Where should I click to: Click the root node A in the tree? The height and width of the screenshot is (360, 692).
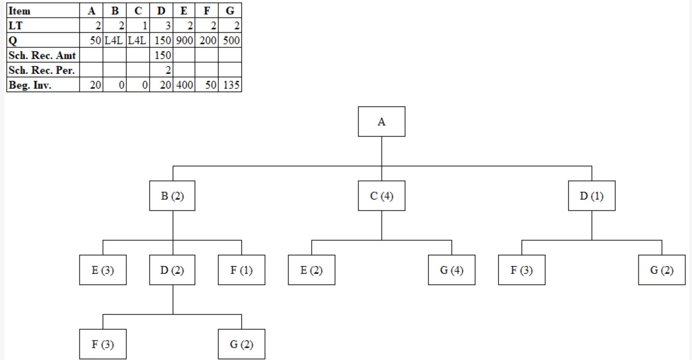pyautogui.click(x=381, y=122)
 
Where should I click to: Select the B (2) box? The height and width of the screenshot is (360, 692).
pyautogui.click(x=172, y=196)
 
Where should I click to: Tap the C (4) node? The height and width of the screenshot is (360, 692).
pyautogui.click(x=381, y=196)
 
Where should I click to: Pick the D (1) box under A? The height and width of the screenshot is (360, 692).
pyautogui.click(x=591, y=196)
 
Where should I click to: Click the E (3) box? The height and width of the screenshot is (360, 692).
pyautogui.click(x=103, y=270)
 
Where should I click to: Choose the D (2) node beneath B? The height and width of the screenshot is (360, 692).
pyautogui.click(x=172, y=270)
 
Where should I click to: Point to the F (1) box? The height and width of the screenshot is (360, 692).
pyautogui.click(x=242, y=270)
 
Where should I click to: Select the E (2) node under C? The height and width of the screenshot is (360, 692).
pyautogui.click(x=311, y=270)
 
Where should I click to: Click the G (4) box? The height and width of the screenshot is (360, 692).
pyautogui.click(x=452, y=270)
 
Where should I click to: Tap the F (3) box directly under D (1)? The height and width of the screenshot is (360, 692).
pyautogui.click(x=522, y=270)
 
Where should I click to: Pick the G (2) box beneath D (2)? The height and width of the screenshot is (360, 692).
pyautogui.click(x=242, y=344)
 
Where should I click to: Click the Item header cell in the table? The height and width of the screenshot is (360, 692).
pyautogui.click(x=43, y=11)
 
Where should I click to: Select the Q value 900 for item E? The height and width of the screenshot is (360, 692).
pyautogui.click(x=184, y=40)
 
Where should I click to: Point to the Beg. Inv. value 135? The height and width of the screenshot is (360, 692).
pyautogui.click(x=231, y=85)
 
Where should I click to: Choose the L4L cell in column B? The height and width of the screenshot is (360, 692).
pyautogui.click(x=114, y=40)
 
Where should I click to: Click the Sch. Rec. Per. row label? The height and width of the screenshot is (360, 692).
pyautogui.click(x=43, y=70)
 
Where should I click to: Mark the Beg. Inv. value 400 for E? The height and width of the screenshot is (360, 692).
pyautogui.click(x=184, y=85)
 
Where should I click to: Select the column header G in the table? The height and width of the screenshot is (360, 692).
pyautogui.click(x=230, y=11)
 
